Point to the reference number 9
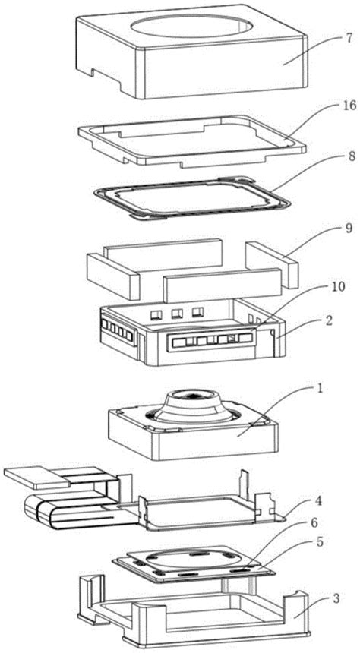(x=349, y=229)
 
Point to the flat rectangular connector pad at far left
(x=37, y=478)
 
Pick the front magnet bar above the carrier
(x=222, y=285)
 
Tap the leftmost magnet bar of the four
(x=112, y=276)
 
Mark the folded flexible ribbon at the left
(x=79, y=504)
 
